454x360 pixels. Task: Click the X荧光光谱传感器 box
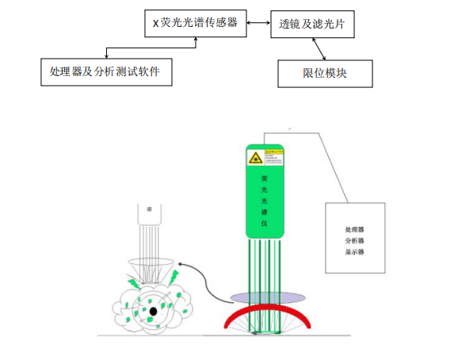[195, 23]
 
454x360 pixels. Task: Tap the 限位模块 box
[325, 73]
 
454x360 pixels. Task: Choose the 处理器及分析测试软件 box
[105, 71]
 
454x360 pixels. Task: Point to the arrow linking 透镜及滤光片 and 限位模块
[319, 50]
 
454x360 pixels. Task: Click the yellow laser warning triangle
[255, 159]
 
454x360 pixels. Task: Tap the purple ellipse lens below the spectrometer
[266, 297]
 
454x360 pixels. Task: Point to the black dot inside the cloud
[151, 311]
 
